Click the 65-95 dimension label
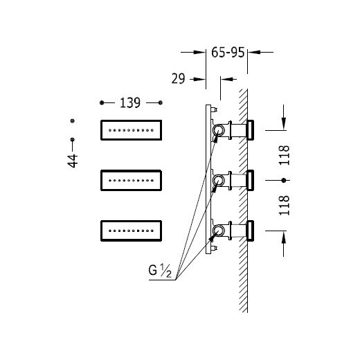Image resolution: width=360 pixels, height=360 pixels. pyautogui.click(x=228, y=53)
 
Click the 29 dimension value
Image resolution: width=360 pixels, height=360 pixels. pyautogui.click(x=178, y=79)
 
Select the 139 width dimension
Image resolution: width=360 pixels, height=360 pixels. pyautogui.click(x=130, y=103)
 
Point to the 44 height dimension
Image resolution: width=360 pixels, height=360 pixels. pyautogui.click(x=73, y=161)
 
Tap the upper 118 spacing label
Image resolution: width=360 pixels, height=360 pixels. pyautogui.click(x=284, y=155)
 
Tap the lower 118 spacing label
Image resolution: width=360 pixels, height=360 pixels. pyautogui.click(x=284, y=206)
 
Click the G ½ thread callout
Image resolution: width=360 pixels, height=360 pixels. pyautogui.click(x=160, y=271)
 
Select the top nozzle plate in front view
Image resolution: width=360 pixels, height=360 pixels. pyautogui.click(x=131, y=130)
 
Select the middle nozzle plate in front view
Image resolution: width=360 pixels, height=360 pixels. pyautogui.click(x=131, y=181)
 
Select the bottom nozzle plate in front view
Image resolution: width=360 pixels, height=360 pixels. pyautogui.click(x=131, y=231)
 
